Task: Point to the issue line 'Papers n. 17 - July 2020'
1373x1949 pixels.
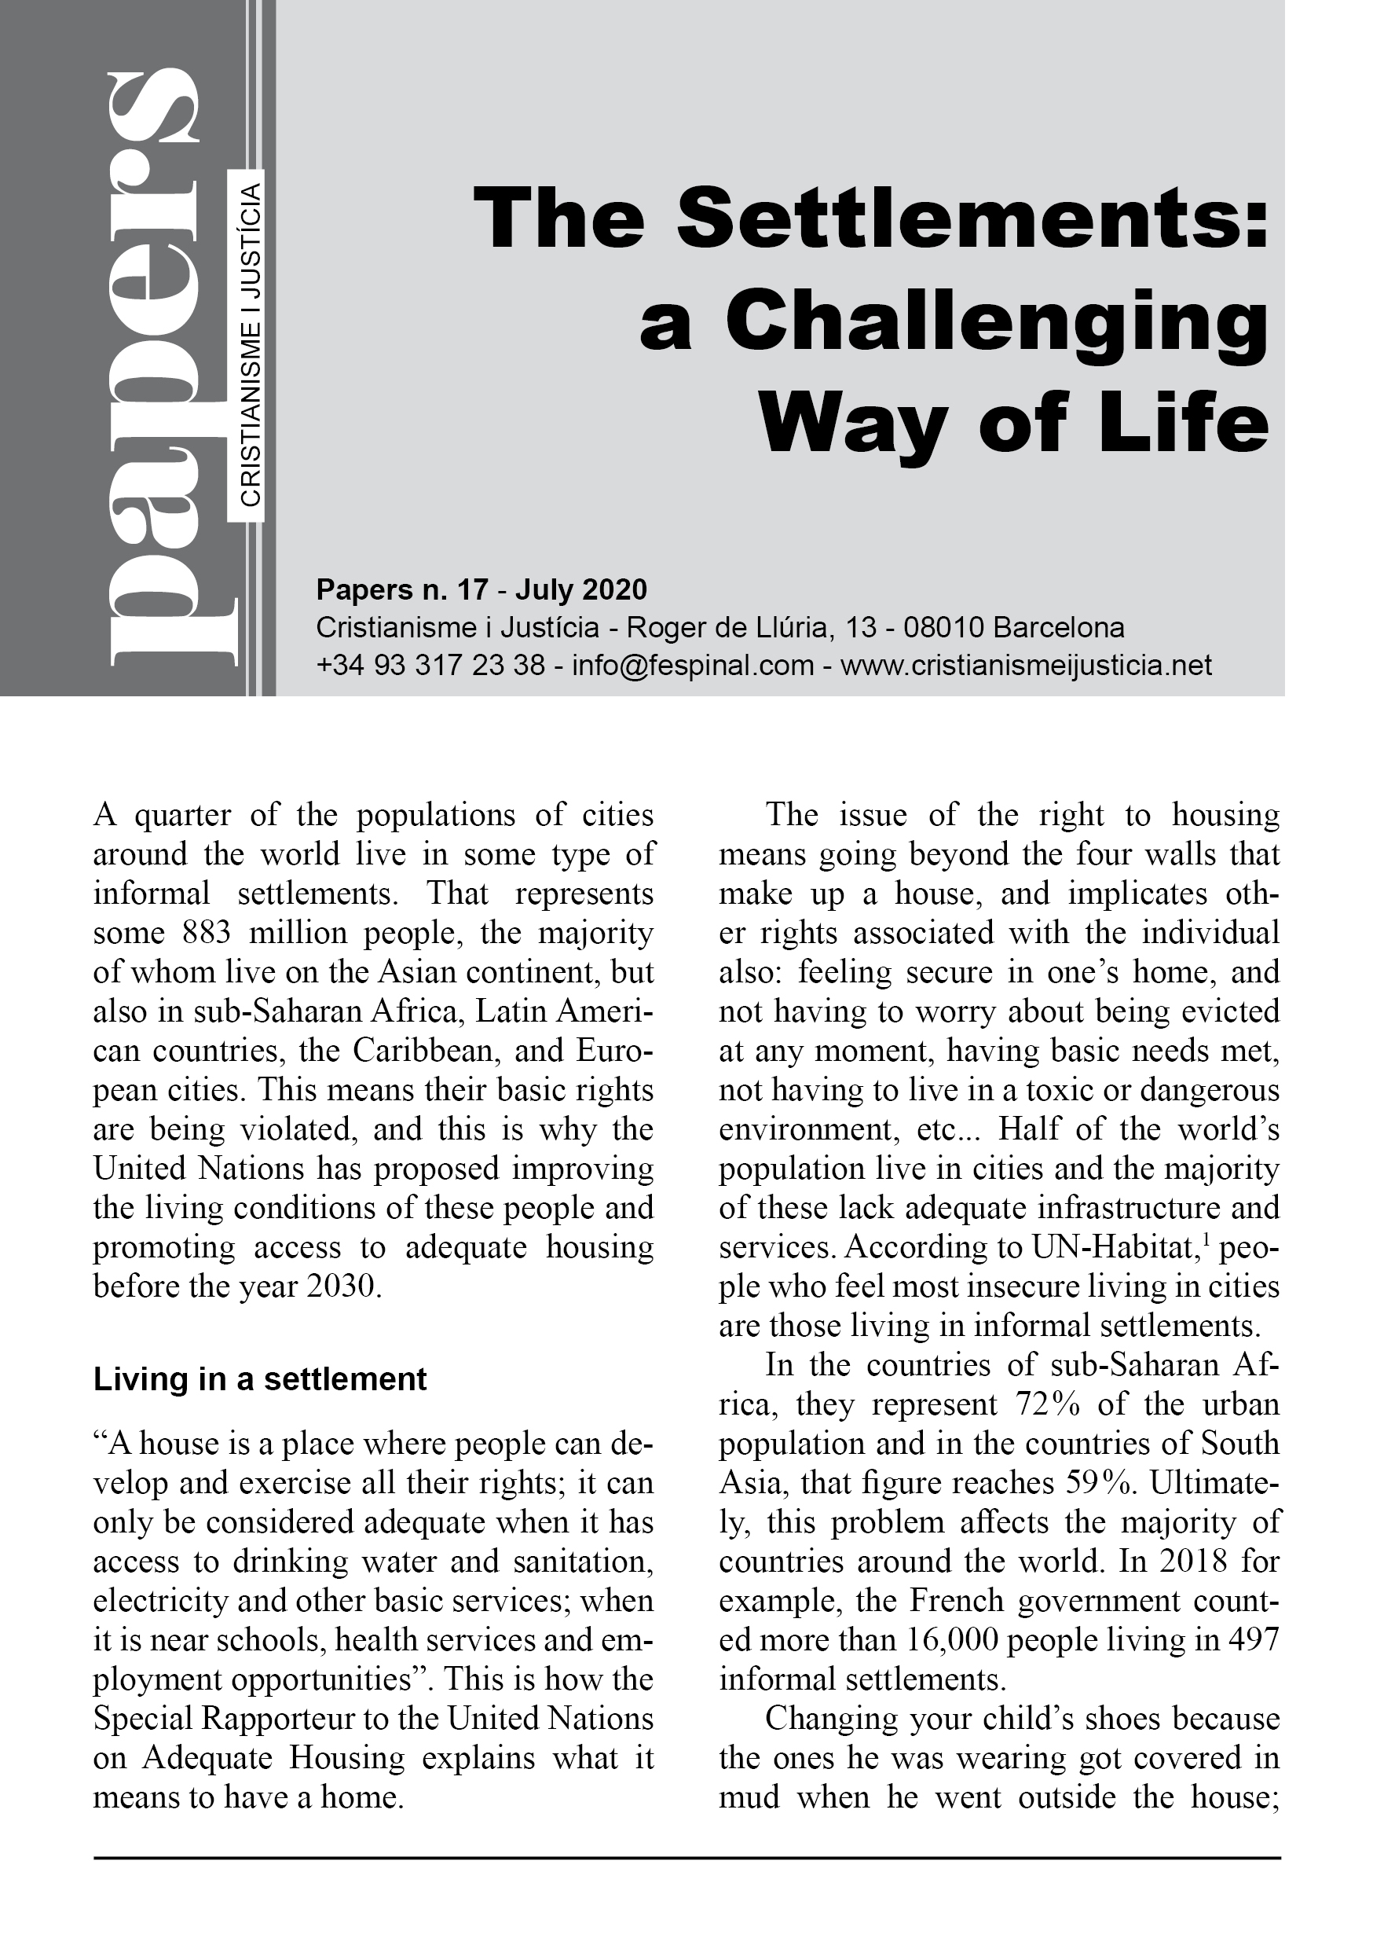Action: pyautogui.click(x=481, y=589)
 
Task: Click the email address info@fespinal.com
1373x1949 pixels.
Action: pyautogui.click(x=693, y=665)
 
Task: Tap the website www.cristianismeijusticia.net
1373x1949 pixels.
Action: pyautogui.click(x=1026, y=665)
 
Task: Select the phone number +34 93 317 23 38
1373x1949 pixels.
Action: pyautogui.click(x=430, y=665)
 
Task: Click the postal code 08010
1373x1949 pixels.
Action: pyautogui.click(x=943, y=627)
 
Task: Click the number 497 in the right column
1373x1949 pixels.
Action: pyautogui.click(x=1254, y=1641)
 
